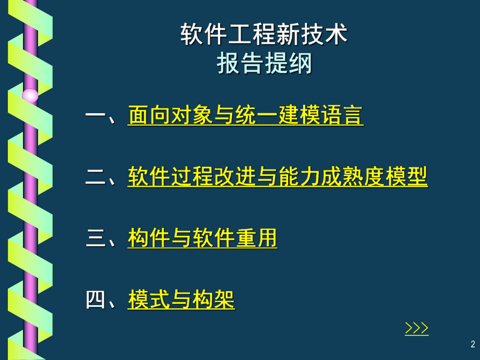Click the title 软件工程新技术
click(x=264, y=36)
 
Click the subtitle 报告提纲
click(x=264, y=64)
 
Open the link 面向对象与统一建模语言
click(x=245, y=116)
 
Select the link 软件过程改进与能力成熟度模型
click(x=278, y=177)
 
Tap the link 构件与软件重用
click(x=202, y=238)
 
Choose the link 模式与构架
click(x=181, y=299)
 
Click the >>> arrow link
click(x=416, y=328)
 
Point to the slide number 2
click(x=473, y=344)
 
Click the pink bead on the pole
click(x=30, y=95)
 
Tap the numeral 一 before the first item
click(x=95, y=116)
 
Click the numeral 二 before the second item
click(x=95, y=177)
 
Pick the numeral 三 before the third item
click(x=95, y=239)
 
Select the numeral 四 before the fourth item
click(x=95, y=300)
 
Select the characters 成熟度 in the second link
click(x=353, y=177)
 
